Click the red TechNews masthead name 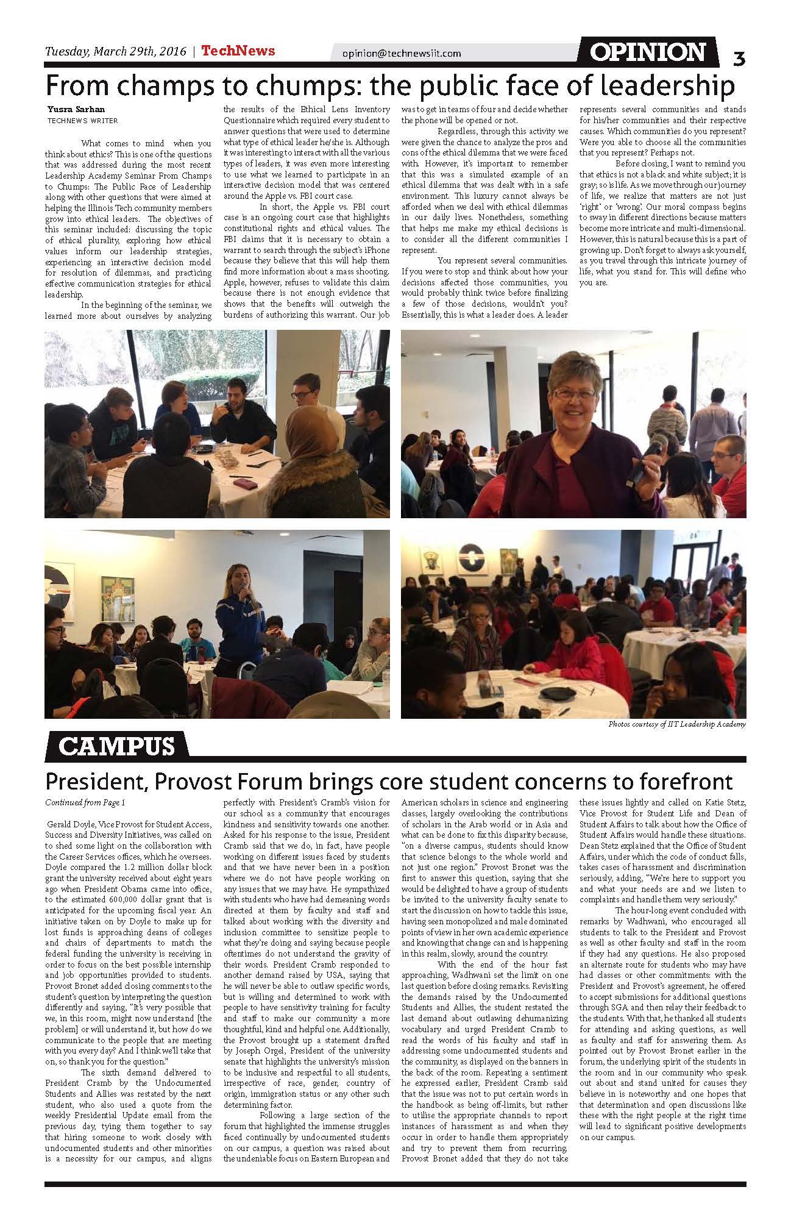click(238, 51)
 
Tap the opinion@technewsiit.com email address click(402, 54)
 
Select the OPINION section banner click(648, 52)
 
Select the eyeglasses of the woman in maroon click(574, 394)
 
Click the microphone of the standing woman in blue click(243, 589)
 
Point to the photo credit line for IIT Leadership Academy click(676, 724)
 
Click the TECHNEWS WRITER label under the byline click(83, 121)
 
